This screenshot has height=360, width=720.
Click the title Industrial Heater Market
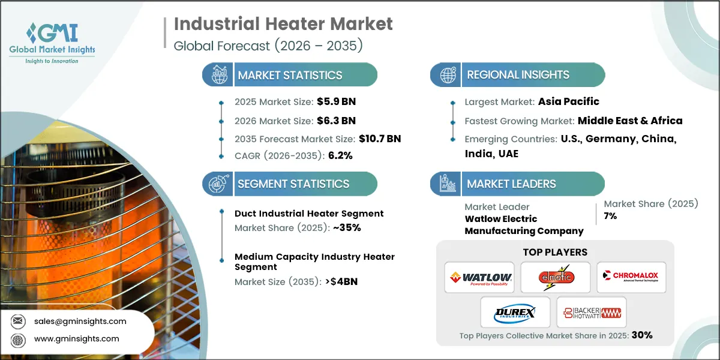[283, 24]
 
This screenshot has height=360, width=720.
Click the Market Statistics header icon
[218, 75]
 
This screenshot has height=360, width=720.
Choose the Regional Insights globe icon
[447, 75]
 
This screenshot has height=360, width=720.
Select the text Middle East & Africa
[630, 121]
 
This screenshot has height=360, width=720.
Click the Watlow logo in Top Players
[480, 277]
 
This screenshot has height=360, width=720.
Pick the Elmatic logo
[556, 277]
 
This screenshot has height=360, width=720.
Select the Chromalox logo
[631, 277]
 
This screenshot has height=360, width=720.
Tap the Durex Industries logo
[515, 312]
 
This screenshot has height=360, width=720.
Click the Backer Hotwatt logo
[592, 312]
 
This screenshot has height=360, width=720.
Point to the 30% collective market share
[641, 335]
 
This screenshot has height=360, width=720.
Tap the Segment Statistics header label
[293, 184]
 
